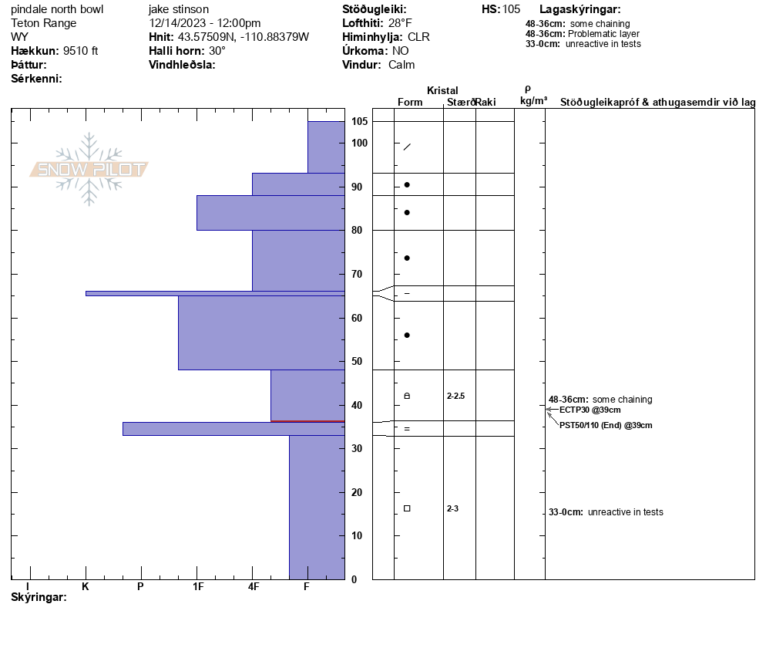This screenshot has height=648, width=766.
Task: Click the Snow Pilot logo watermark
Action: [89, 169]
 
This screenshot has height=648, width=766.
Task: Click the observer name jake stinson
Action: [178, 9]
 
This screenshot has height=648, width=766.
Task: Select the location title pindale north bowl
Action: [57, 9]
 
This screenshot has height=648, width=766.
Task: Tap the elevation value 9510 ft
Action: [81, 51]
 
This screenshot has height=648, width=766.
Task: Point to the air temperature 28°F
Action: [399, 23]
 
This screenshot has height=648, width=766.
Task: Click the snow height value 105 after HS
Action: [511, 9]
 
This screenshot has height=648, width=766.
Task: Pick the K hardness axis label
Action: [86, 586]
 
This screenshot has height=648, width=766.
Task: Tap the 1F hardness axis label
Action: [197, 586]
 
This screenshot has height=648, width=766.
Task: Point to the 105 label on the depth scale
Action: [359, 122]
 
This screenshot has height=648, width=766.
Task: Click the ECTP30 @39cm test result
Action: [590, 410]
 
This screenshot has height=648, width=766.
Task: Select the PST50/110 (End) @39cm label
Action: [606, 425]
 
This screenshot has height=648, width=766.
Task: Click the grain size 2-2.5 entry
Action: [456, 396]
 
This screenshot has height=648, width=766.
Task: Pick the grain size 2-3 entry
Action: [452, 508]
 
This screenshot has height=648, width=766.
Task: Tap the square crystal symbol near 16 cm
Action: [407, 508]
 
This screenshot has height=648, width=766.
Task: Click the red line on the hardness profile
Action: [307, 421]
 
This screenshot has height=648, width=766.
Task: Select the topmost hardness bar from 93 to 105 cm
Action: [326, 147]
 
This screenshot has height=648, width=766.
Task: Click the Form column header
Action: [410, 102]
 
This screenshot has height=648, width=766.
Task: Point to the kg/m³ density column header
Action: [533, 101]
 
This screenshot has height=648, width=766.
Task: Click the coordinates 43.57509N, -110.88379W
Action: [238, 37]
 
